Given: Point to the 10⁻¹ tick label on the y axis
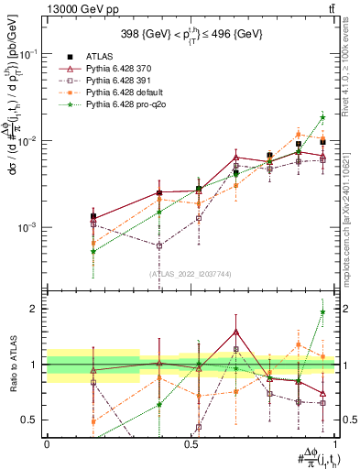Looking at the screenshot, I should point(28,54).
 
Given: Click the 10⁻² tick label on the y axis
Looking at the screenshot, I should point(28,140).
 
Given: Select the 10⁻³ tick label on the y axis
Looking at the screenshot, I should point(28,226).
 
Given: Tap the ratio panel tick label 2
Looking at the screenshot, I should point(35,309).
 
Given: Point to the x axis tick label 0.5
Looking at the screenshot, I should point(191,443).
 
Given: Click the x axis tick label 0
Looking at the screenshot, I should point(47,443).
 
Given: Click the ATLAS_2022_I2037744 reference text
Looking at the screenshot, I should point(191,274).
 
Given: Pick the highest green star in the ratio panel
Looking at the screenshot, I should point(322,311).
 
